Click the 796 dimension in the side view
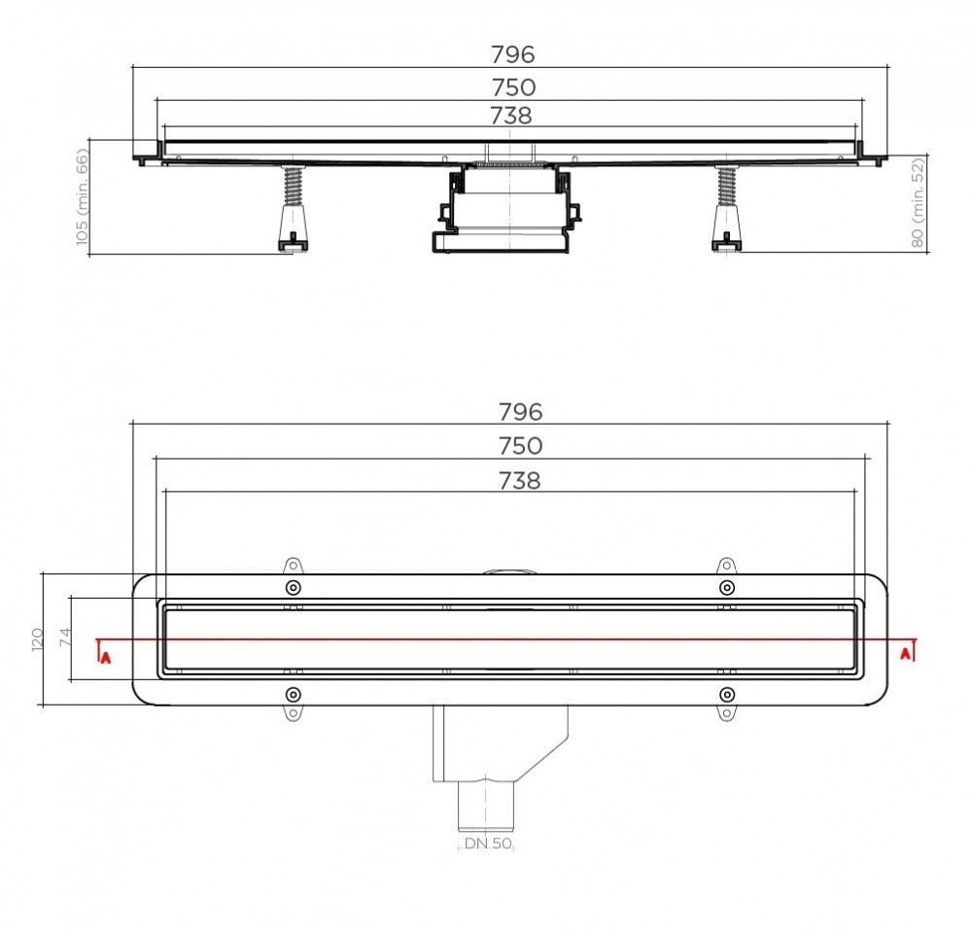click(512, 52)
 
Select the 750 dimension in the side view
click(512, 86)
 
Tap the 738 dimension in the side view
click(512, 116)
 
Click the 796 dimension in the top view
click(520, 411)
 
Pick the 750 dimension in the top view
click(520, 446)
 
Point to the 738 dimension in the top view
click(520, 480)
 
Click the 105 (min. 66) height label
click(82, 196)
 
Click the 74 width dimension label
click(66, 638)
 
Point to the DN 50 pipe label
click(488, 844)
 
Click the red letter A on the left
click(105, 657)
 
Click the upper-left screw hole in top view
click(294, 587)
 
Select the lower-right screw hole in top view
click(726, 693)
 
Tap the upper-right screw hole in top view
click(726, 587)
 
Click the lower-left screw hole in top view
click(294, 693)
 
